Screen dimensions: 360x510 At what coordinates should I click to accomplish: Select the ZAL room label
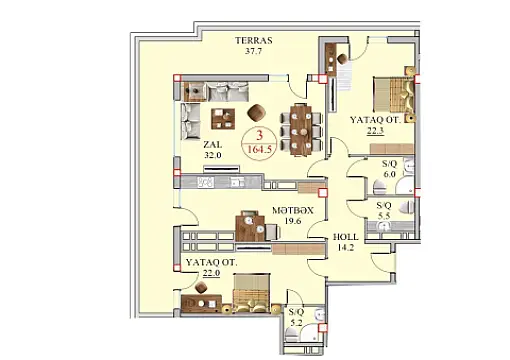tap(211, 144)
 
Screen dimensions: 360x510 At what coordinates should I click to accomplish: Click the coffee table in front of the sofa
tap(221, 120)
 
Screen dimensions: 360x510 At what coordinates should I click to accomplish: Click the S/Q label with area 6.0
tap(391, 163)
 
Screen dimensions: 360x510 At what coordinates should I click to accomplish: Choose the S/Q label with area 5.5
tap(384, 207)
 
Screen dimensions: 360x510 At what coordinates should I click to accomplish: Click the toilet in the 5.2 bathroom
tap(319, 319)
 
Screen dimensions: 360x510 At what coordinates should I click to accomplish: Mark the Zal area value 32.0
tap(211, 156)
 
